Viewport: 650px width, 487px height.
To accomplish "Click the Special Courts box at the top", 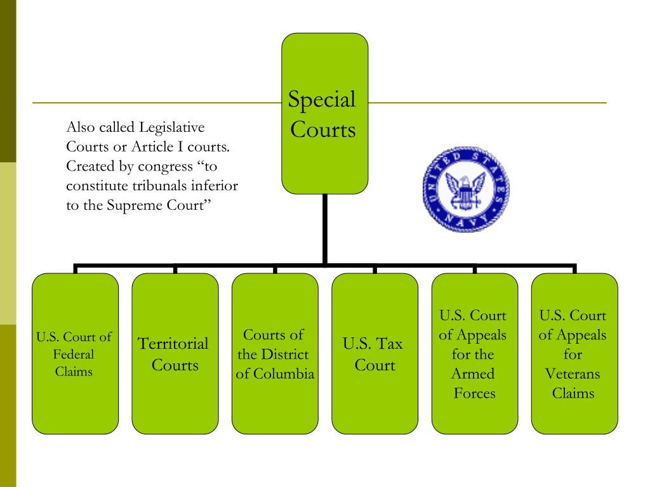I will [x=324, y=114].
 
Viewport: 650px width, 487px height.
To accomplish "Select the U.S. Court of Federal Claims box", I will [x=75, y=353].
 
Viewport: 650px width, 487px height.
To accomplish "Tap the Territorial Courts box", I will [x=175, y=353].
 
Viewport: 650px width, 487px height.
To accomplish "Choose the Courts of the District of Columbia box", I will [x=275, y=353].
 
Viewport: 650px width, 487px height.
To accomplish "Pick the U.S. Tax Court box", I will [x=375, y=353].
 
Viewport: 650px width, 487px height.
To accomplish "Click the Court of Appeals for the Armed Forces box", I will [x=474, y=353].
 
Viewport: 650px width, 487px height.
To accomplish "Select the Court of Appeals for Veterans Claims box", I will [x=574, y=353].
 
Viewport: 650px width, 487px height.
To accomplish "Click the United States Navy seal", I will [x=466, y=191].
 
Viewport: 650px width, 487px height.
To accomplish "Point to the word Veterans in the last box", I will [x=573, y=373].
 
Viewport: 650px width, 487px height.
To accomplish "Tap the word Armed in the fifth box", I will [x=473, y=373].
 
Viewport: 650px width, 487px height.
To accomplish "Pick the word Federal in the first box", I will [x=74, y=354].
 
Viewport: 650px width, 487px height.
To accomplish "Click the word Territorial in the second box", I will [x=173, y=344].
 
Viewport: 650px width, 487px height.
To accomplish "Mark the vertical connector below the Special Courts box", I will [x=324, y=228].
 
